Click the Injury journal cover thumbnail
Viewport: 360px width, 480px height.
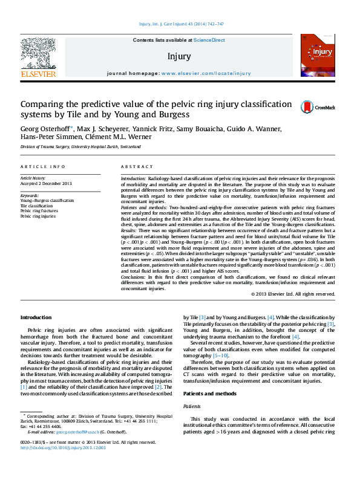(317, 54)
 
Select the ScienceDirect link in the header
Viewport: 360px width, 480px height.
(209, 40)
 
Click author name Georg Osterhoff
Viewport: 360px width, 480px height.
(45, 129)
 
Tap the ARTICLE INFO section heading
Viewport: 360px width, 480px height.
(42, 166)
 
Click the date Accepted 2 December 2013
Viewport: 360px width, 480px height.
(46, 183)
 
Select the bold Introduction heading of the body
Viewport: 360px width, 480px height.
(36, 317)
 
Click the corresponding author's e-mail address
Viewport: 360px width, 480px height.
(67, 432)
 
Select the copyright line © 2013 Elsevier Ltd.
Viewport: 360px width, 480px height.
(293, 294)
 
